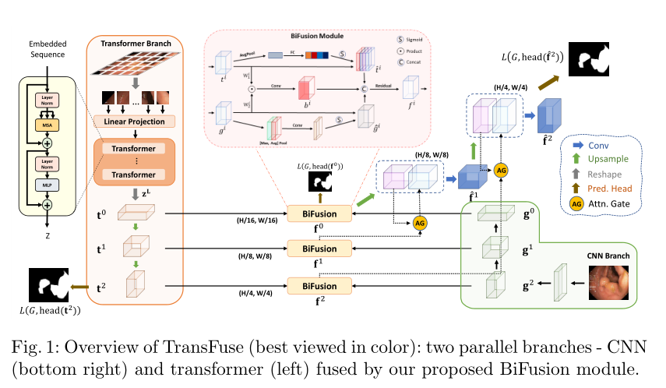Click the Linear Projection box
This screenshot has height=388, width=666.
(x=135, y=122)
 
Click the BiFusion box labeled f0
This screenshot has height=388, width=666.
(x=319, y=212)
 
